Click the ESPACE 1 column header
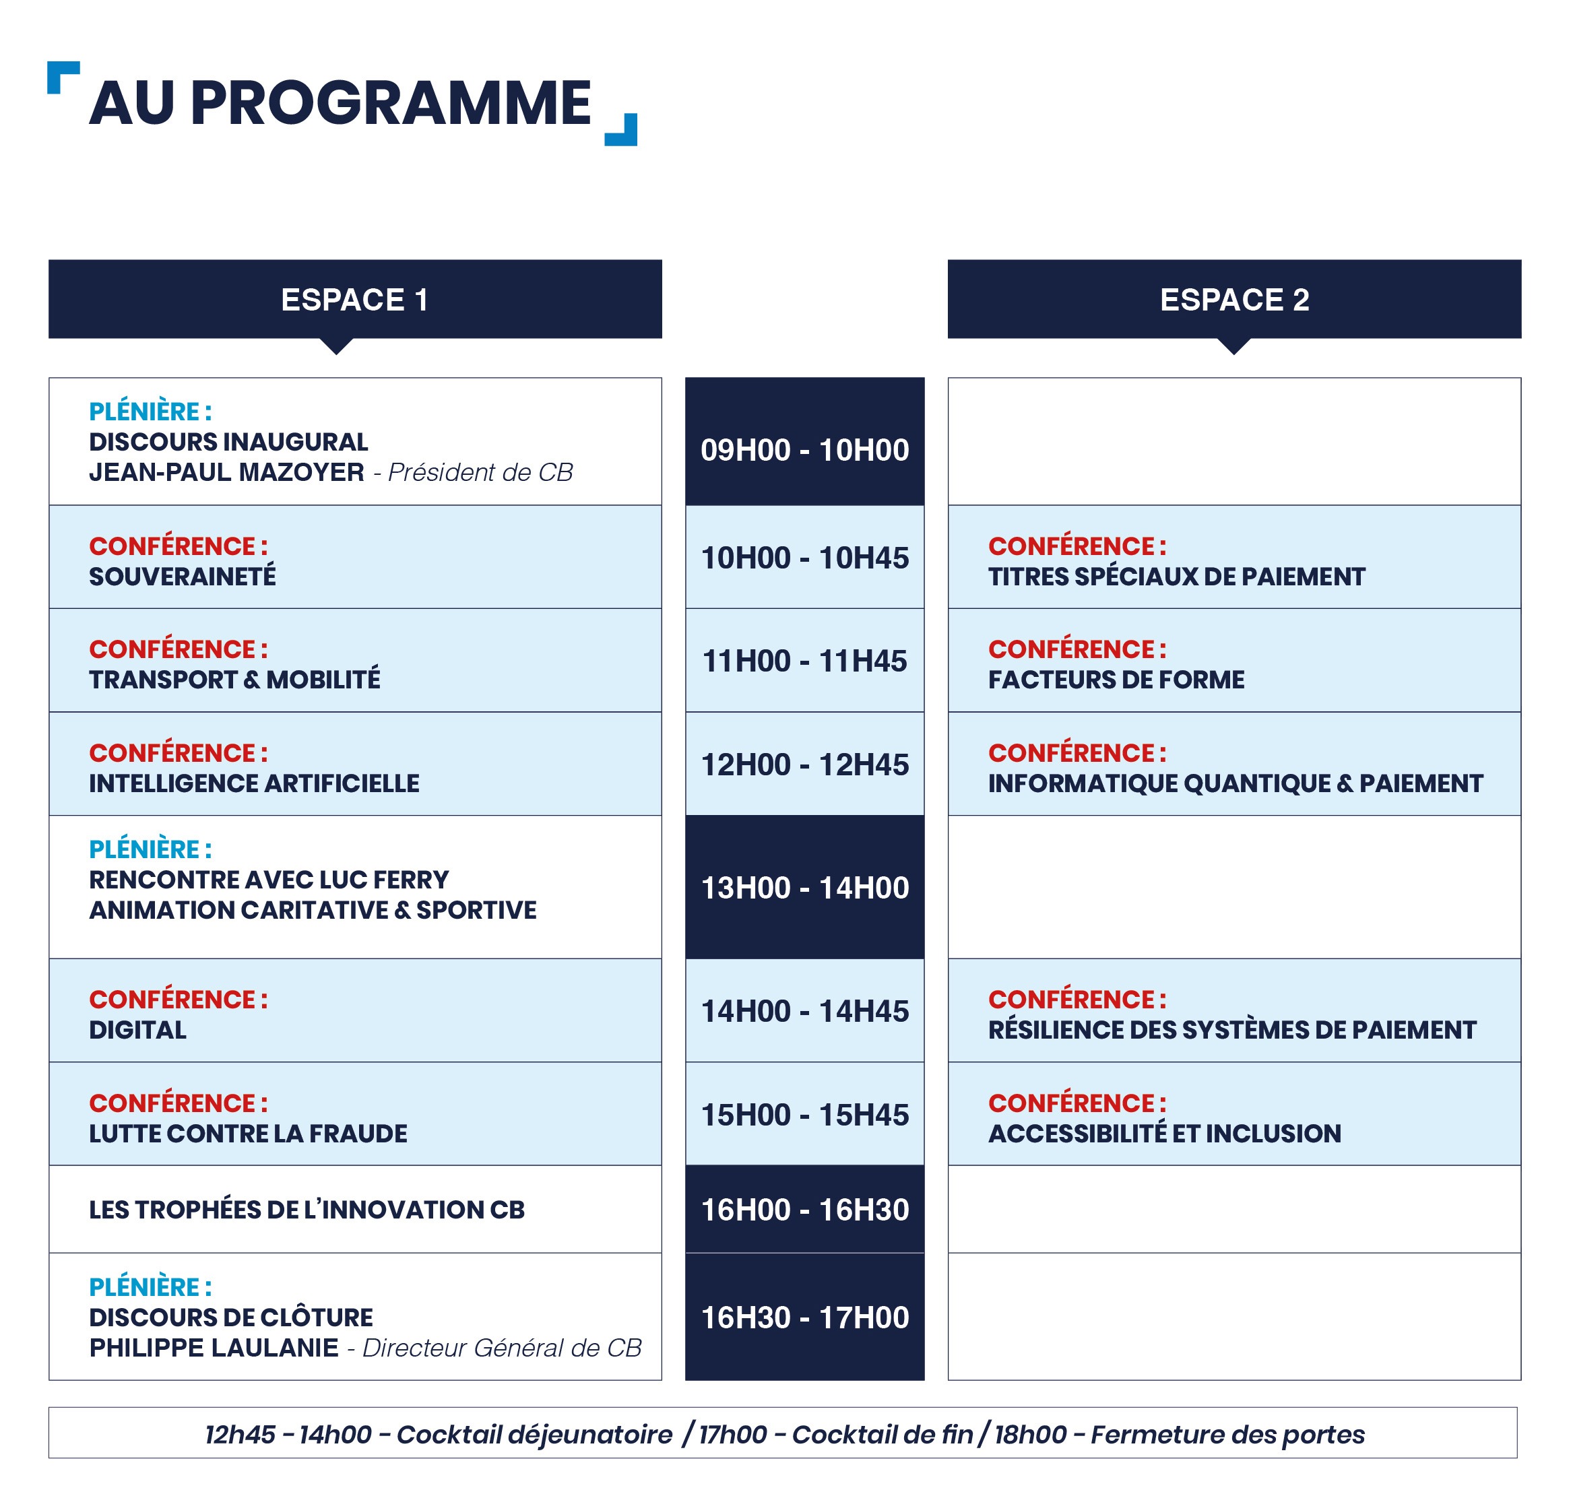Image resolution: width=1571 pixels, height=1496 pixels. point(355,299)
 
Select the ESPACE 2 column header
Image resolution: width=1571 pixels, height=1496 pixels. point(1233,299)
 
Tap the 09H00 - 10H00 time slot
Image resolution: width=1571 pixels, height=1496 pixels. point(804,450)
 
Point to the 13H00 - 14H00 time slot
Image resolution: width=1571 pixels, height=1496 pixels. point(804,888)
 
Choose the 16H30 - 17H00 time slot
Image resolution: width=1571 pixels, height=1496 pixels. point(804,1318)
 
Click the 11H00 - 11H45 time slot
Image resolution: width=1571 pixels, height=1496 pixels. point(804,661)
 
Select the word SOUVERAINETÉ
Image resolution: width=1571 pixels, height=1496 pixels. point(183,576)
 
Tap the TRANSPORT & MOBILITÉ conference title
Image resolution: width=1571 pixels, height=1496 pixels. point(234,680)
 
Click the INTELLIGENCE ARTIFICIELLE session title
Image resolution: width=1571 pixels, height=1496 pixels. point(253,783)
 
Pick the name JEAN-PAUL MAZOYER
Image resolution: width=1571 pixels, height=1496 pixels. point(226,472)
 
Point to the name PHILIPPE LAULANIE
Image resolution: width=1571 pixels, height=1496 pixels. point(214,1348)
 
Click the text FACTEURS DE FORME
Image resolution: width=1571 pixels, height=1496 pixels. point(1116,680)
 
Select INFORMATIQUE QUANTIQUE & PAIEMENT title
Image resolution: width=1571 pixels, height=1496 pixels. point(1236,783)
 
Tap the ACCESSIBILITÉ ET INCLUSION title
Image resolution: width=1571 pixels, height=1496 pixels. point(1164,1133)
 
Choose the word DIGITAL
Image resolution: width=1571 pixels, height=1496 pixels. point(137,1029)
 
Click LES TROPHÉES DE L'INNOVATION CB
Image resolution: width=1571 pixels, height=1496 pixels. point(307,1209)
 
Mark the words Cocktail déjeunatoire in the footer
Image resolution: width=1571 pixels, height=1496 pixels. point(534,1434)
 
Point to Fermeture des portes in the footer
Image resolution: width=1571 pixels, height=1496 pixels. point(1227,1434)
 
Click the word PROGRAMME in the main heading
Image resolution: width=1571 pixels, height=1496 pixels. point(391,103)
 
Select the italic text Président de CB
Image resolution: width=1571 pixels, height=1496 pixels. point(480,472)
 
